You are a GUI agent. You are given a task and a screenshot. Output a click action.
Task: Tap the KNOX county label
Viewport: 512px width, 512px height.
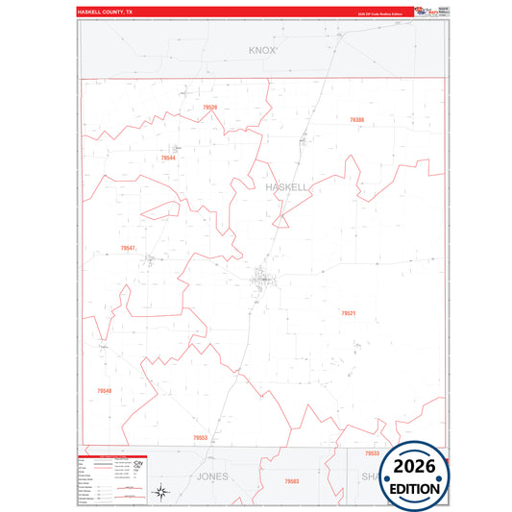point(261,49)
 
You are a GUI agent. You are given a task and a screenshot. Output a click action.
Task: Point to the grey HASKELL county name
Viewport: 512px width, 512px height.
point(287,187)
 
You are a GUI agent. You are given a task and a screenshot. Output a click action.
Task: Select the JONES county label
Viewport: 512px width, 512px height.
point(213,476)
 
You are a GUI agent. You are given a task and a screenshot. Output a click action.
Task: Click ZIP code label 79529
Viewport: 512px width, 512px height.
point(210,108)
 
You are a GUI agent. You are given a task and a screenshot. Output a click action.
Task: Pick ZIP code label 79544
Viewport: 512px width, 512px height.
point(168,158)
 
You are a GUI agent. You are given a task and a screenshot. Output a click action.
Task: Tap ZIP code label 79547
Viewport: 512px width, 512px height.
point(128,248)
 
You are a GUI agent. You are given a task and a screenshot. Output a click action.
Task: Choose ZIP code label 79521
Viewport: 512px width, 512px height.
point(348,313)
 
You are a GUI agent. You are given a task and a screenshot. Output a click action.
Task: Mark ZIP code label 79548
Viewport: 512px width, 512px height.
point(104,391)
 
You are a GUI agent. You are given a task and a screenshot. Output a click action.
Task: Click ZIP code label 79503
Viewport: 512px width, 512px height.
point(292,480)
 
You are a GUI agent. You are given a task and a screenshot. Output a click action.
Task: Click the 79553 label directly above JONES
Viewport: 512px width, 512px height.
point(200,437)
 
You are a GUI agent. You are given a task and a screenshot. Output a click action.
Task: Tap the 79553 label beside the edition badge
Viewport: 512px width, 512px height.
point(372,452)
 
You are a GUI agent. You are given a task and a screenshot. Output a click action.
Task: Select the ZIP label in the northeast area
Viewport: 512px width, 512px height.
point(357,120)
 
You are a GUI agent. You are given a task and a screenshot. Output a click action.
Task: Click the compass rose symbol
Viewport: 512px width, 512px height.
point(162,494)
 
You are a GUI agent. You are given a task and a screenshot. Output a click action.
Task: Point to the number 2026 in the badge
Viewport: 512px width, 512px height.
point(415,467)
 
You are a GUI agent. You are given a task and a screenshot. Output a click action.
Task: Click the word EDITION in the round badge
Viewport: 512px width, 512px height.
point(415,487)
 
